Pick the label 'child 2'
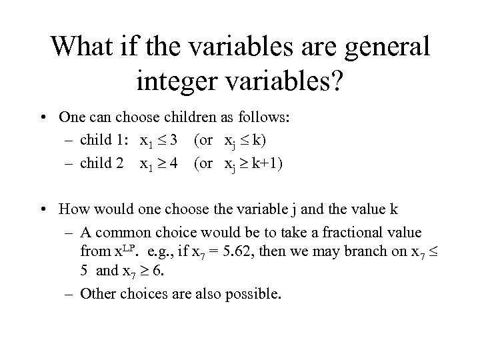coord(107,162)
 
